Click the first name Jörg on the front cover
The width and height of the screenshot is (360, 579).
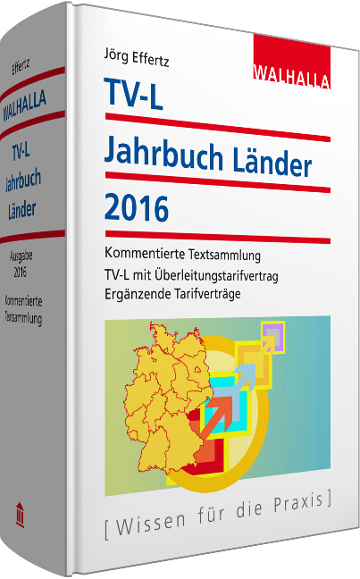(118, 62)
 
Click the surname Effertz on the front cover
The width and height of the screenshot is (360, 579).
(155, 62)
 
